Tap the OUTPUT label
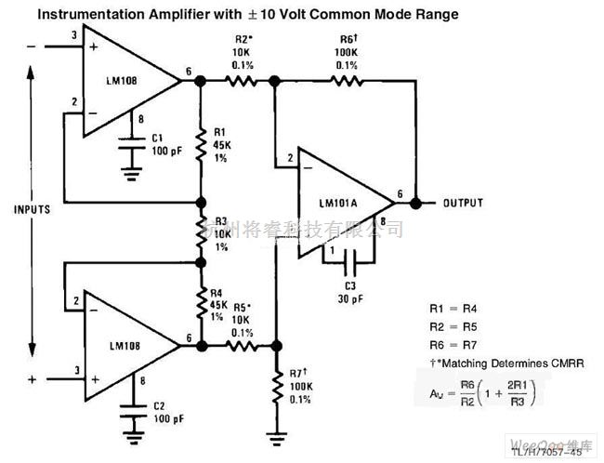click(x=463, y=203)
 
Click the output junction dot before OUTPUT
click(x=415, y=203)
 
